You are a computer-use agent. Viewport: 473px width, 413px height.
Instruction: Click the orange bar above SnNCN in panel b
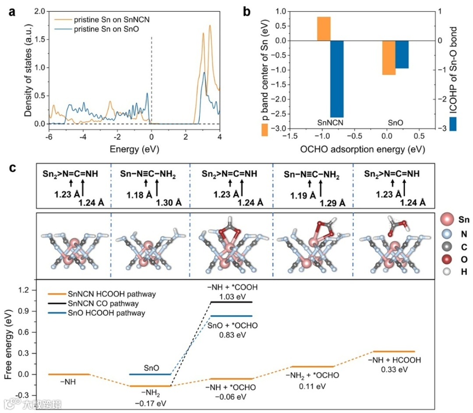coord(324,28)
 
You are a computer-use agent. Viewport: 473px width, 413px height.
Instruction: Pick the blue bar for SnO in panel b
coord(402,54)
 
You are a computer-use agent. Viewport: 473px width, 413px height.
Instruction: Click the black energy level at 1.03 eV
coord(231,302)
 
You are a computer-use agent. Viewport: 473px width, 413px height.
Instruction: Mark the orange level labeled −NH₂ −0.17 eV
coord(150,386)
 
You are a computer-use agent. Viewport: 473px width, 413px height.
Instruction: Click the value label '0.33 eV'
coord(394,369)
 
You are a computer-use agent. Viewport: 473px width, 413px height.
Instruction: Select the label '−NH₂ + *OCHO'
coord(313,376)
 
